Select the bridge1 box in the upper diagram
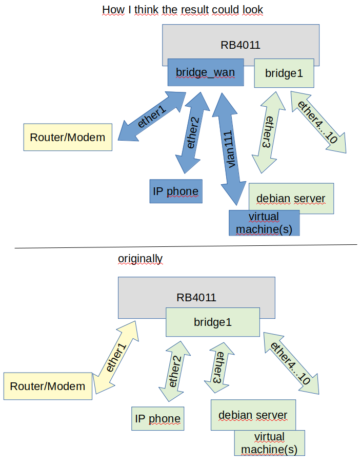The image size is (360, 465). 284,73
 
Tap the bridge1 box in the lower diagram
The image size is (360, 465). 212,322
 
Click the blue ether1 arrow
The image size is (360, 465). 152,117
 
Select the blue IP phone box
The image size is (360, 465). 175,191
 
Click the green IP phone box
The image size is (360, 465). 157,418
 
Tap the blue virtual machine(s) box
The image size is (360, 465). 264,223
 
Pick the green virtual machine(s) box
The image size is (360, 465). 269,443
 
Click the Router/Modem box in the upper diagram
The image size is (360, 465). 68,137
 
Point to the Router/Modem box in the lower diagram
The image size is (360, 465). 48,386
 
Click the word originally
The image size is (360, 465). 140,259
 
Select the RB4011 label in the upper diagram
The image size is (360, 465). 241,45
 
